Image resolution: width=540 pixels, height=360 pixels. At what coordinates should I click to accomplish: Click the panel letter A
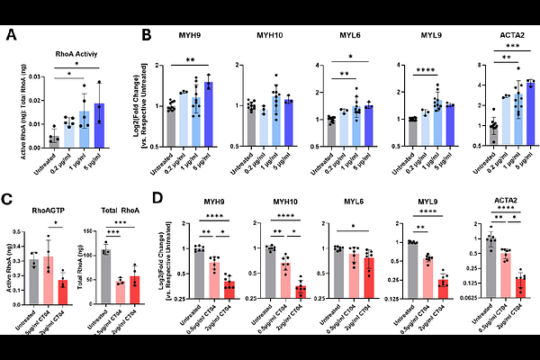click(x=11, y=36)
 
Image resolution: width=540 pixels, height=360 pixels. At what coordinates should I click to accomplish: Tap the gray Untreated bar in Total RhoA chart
click(x=105, y=273)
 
